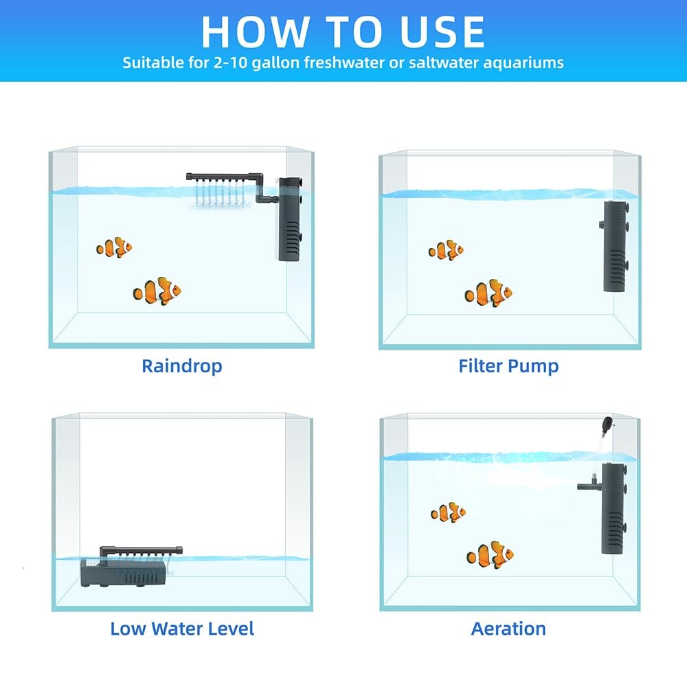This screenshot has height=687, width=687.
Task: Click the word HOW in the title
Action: [x=247, y=31]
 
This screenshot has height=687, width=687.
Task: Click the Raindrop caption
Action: [x=181, y=365]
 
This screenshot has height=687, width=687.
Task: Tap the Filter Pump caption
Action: [x=508, y=365]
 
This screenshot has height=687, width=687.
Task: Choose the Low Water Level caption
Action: [x=181, y=628]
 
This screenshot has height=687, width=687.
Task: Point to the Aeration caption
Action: [x=508, y=628]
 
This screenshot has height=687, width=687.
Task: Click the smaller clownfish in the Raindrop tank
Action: [x=114, y=247]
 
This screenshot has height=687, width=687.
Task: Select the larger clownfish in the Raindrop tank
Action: [x=157, y=291]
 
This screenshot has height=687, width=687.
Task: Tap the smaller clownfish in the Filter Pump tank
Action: [x=446, y=250]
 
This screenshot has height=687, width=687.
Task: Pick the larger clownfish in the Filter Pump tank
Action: [x=488, y=293]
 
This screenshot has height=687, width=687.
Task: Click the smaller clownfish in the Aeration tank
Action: [x=448, y=512]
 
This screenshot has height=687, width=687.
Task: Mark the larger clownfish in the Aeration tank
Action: [x=490, y=555]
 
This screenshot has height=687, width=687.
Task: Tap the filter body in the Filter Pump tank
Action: [x=615, y=246]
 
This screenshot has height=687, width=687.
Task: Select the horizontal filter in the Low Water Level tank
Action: [x=124, y=572]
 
